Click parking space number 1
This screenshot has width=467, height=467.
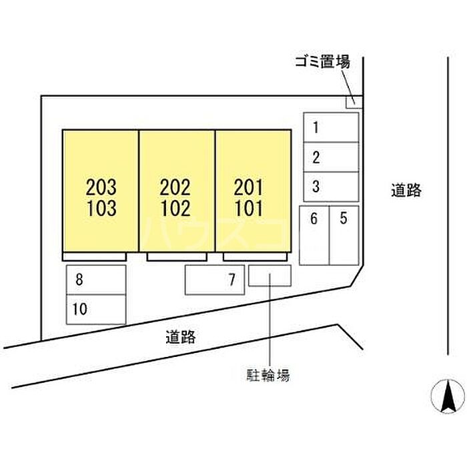click(331, 127)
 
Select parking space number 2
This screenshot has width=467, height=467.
click(331, 157)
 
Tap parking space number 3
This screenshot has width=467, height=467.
click(331, 187)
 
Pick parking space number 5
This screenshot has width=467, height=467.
click(344, 235)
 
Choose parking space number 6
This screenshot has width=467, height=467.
click(314, 235)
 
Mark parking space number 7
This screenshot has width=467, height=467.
click(214, 280)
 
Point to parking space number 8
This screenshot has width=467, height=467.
click(96, 280)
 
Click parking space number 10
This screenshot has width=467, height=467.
click(96, 309)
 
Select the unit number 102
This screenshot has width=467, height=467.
click(176, 209)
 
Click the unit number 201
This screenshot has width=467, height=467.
click(250, 187)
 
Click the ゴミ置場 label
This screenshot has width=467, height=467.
click(323, 63)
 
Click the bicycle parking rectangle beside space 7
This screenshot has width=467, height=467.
click(270, 276)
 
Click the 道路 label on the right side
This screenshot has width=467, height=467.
click(406, 190)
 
